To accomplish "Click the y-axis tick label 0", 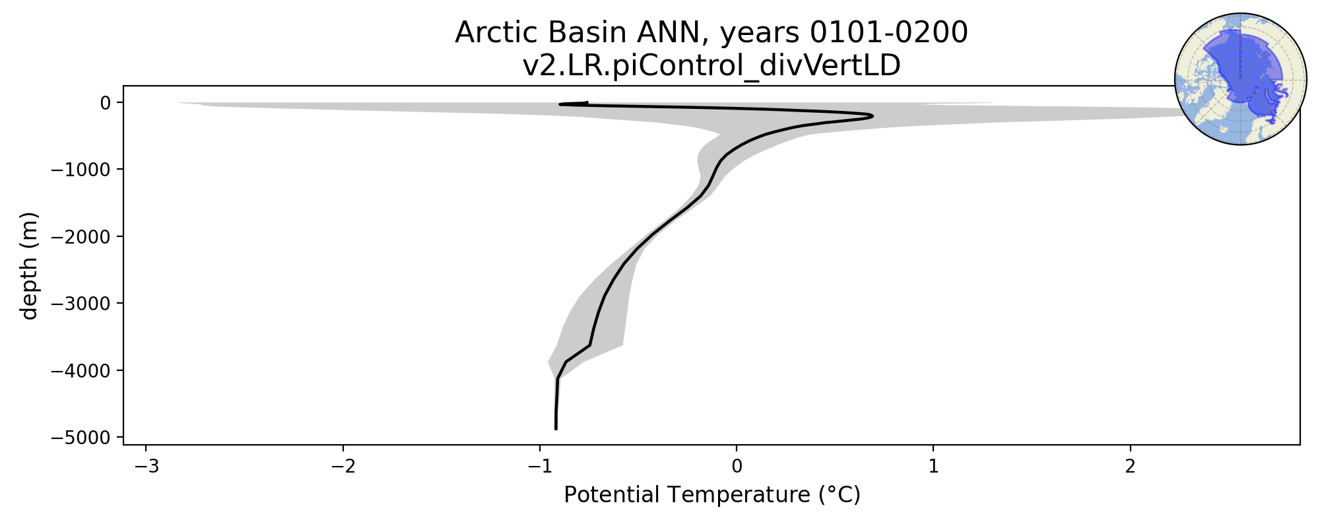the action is pyautogui.click(x=104, y=102).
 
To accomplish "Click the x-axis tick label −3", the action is pyautogui.click(x=147, y=467).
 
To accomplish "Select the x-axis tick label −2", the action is pyautogui.click(x=343, y=467).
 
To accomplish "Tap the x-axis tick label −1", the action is pyautogui.click(x=540, y=467).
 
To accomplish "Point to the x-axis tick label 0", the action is pyautogui.click(x=737, y=467).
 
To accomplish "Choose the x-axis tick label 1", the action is pyautogui.click(x=933, y=467).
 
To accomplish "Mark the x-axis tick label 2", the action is pyautogui.click(x=1130, y=467).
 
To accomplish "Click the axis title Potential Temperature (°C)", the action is pyautogui.click(x=712, y=495).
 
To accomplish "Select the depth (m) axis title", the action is pyautogui.click(x=29, y=265).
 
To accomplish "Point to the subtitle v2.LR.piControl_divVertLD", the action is pyautogui.click(x=711, y=66).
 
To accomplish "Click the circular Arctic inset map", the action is pyautogui.click(x=1240, y=79).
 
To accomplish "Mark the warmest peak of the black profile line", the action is pyautogui.click(x=873, y=117).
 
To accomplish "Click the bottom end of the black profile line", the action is pyautogui.click(x=556, y=429).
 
